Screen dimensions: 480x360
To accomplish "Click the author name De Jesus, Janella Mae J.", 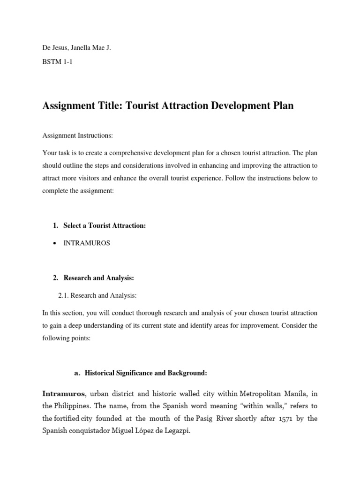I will [76, 48].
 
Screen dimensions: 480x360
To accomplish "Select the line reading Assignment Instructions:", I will [77, 135].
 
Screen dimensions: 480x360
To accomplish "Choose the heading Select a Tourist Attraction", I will [104, 225].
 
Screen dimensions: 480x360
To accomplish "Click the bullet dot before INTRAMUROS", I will [55, 244].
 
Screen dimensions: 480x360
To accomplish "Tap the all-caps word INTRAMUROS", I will [86, 244].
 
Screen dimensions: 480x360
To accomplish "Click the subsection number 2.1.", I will [63, 295].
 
